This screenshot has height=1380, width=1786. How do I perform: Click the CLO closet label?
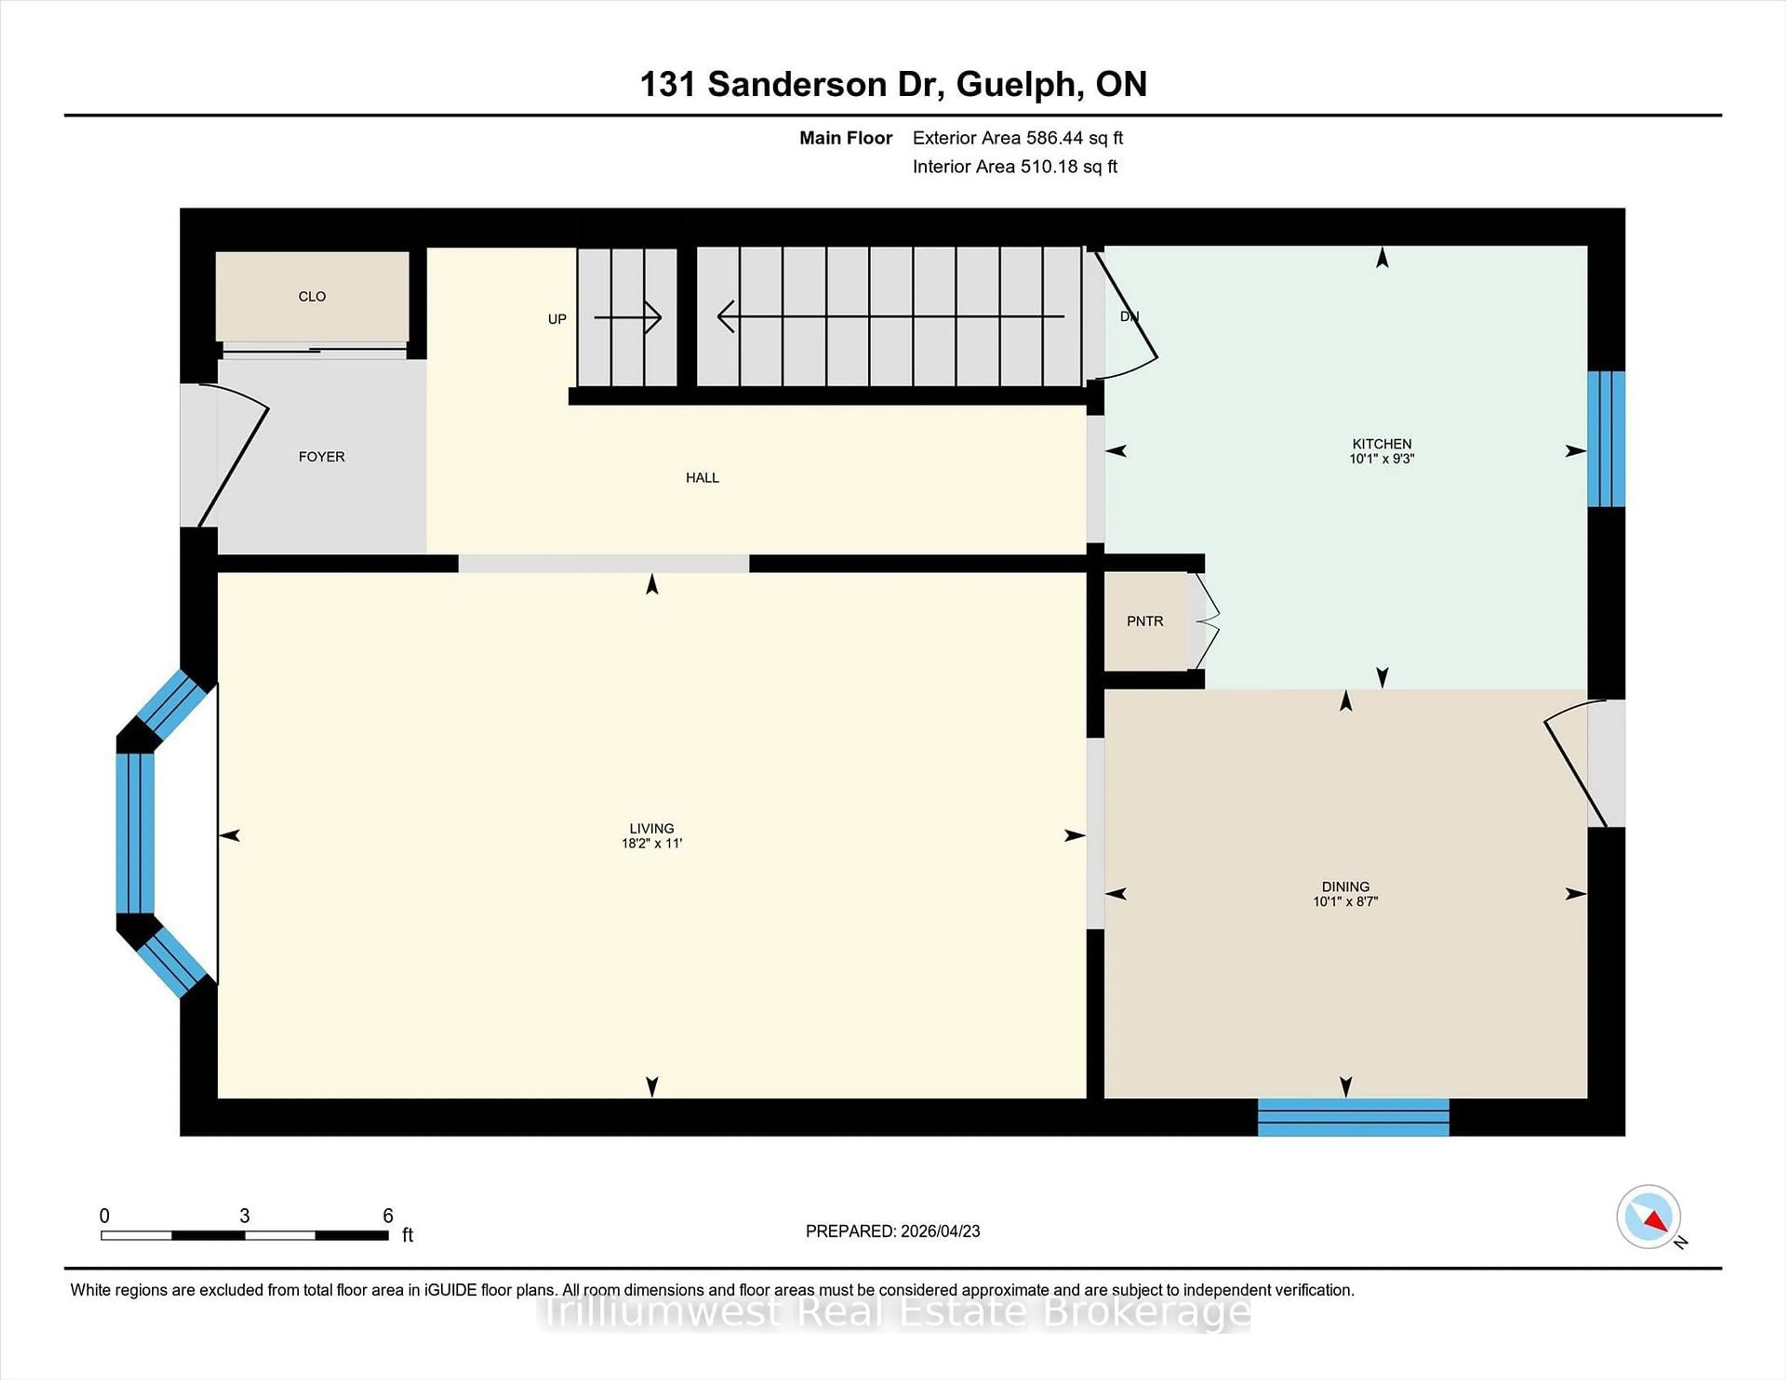coord(312,297)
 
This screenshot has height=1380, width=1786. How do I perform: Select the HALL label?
coord(702,478)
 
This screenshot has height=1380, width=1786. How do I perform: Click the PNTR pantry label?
coord(1144,621)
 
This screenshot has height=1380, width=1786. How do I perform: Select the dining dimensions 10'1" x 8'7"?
coord(1345,902)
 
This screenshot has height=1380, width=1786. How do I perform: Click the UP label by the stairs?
coord(557,319)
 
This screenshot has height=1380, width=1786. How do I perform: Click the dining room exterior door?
coord(1574,764)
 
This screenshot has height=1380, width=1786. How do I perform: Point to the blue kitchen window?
coord(1606,439)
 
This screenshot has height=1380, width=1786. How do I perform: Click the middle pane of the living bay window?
coord(135,832)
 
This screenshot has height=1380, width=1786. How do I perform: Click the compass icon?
coord(1649,1216)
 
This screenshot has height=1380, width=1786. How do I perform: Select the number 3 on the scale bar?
coord(245,1216)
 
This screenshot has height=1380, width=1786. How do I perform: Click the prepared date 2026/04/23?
coord(939,1231)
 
